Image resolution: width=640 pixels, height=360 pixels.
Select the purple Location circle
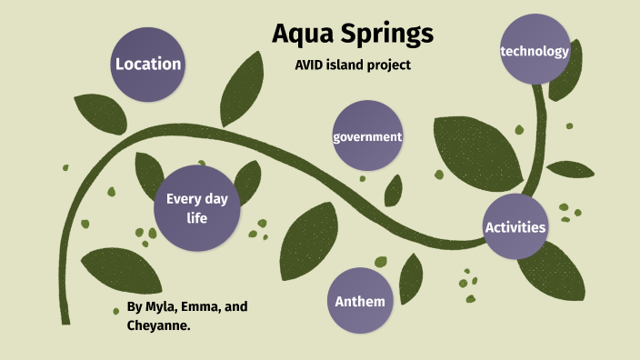click(x=147, y=64)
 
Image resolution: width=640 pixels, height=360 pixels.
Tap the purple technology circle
click(x=535, y=51)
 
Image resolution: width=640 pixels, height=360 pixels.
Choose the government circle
click(x=367, y=136)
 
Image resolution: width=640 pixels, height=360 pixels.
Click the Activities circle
click(x=515, y=226)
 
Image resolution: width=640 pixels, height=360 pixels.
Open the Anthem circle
click(x=360, y=301)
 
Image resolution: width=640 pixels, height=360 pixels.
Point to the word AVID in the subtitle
click(x=311, y=65)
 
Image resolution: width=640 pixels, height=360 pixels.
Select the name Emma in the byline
click(x=205, y=306)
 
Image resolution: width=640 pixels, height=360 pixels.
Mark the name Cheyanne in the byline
click(x=158, y=324)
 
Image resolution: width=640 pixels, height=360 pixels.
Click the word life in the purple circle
click(x=197, y=218)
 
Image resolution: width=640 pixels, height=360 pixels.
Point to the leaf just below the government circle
click(x=393, y=190)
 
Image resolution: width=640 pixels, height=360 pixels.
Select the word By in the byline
click(x=135, y=306)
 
